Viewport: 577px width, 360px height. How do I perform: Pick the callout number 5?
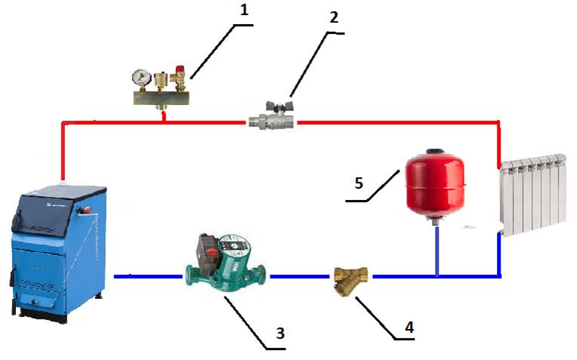[x=361, y=183]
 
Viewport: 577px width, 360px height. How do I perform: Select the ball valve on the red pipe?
[x=272, y=118]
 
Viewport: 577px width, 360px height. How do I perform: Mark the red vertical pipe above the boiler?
[x=63, y=151]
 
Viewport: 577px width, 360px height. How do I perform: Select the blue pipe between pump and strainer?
[x=302, y=276]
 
